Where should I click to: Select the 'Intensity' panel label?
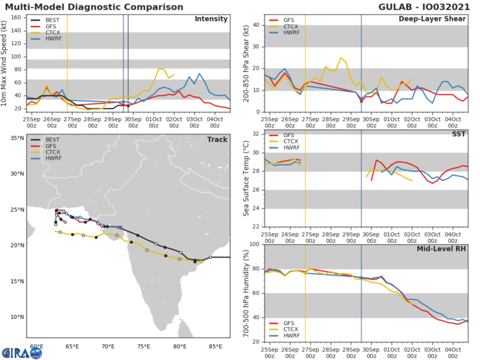click(212, 19)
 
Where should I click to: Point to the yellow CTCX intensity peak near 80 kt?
click(161, 69)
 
